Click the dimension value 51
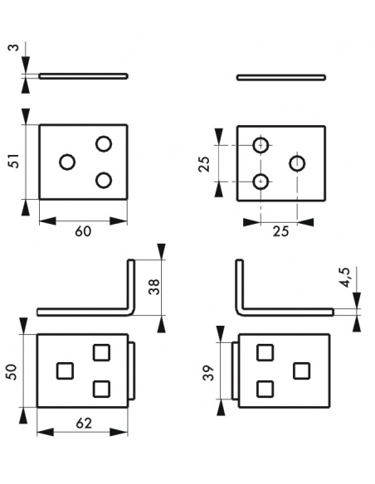tap(15, 161)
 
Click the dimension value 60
tap(83, 231)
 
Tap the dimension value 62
tap(84, 423)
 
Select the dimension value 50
tap(12, 371)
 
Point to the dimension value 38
tap(153, 287)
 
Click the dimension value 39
tap(209, 373)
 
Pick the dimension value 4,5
tap(346, 277)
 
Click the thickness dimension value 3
tap(15, 48)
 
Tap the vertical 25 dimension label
tap(204, 164)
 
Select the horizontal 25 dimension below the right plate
tap(280, 231)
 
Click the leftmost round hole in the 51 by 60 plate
tap(67, 162)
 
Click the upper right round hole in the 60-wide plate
tap(104, 143)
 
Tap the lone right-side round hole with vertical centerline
tap(297, 163)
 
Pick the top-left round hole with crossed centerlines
tap(261, 145)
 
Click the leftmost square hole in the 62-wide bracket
tap(66, 370)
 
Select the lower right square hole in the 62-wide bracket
tap(101, 389)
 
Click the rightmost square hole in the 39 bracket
tap(301, 370)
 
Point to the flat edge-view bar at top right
tap(281, 77)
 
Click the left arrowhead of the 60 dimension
tap(48, 221)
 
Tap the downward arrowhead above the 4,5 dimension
tap(357, 300)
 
